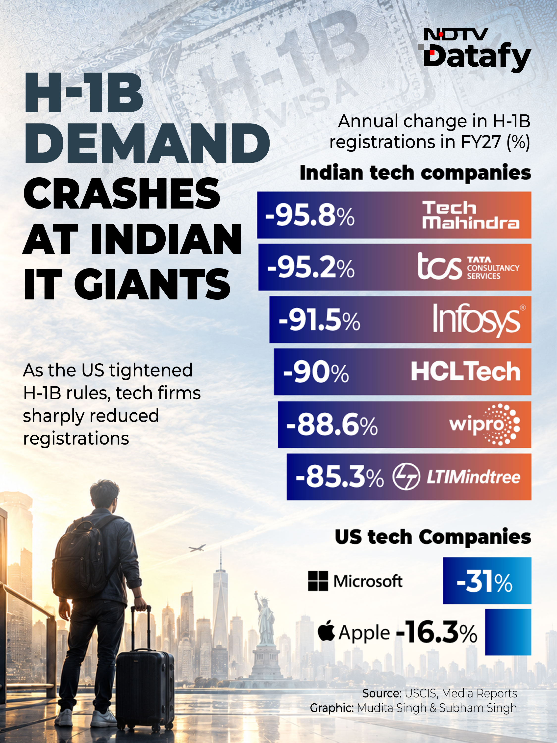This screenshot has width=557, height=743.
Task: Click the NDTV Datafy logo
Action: coord(474,50)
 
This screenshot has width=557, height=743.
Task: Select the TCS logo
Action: coord(468,267)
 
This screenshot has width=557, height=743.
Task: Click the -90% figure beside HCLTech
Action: coord(316,372)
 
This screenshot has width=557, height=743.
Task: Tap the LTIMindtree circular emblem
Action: coord(406,477)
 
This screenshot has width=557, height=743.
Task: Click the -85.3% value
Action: coord(339,477)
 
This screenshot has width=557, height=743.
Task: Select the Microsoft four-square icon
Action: coord(318,581)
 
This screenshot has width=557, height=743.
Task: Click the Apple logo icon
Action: coord(326,631)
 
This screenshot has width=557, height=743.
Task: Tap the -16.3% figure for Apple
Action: coord(436,632)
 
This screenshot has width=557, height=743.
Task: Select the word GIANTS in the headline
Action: coord(152,284)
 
